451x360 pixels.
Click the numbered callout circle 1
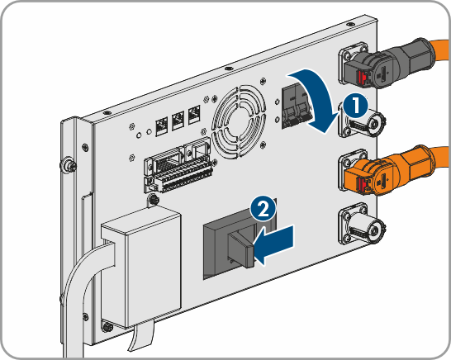[356, 106]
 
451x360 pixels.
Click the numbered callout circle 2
[263, 209]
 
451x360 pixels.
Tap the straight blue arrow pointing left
[276, 244]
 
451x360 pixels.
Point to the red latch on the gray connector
[362, 78]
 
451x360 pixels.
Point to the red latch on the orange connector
[362, 184]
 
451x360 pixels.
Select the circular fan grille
[239, 121]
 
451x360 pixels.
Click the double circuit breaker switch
[297, 107]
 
